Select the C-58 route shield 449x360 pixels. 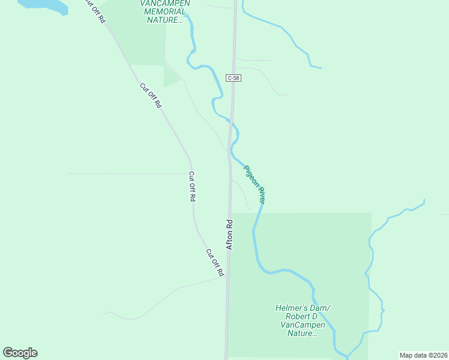click(234, 79)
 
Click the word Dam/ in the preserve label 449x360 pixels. click(320, 308)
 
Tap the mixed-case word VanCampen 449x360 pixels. click(303, 325)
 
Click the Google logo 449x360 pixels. click(20, 353)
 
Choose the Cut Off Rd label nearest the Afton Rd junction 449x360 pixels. click(214, 263)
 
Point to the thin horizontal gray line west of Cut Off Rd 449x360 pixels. click(126, 173)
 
